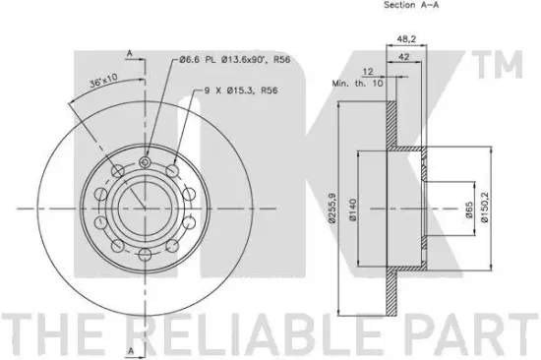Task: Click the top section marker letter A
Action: coord(129,52)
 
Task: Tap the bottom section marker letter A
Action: coord(129,349)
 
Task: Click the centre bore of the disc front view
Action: coord(144,209)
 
